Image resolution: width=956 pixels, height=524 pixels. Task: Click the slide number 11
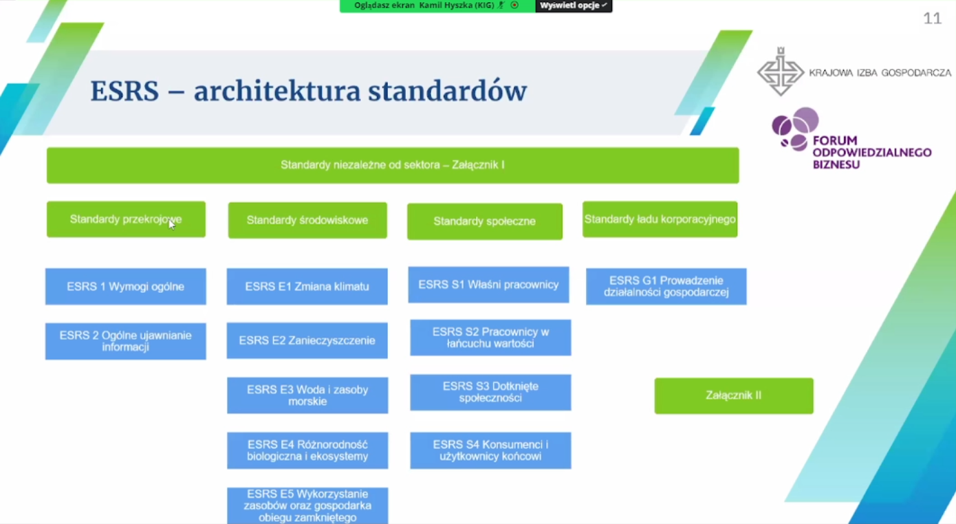click(932, 19)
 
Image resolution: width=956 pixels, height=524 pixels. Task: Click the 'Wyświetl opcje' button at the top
click(573, 6)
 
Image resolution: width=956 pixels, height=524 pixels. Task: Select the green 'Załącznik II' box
click(734, 395)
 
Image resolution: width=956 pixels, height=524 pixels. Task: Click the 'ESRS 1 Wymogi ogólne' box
click(125, 286)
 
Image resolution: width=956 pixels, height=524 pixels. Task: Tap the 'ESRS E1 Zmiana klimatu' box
click(307, 286)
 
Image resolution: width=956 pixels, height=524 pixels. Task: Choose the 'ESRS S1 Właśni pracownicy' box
click(489, 285)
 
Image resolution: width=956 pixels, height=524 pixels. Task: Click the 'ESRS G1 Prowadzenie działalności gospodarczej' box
click(666, 286)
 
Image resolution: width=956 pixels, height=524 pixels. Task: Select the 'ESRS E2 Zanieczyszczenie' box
click(307, 340)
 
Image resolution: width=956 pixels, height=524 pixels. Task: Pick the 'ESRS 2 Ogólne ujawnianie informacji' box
click(125, 341)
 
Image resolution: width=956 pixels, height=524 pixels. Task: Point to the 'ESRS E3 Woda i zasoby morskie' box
click(307, 395)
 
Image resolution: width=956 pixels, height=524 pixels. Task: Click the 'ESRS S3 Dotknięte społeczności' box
click(490, 393)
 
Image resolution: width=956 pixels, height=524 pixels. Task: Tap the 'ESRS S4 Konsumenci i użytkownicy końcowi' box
click(490, 450)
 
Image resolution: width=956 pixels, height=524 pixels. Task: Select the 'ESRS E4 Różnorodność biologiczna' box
click(307, 450)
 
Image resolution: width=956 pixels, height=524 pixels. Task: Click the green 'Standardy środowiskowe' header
click(307, 220)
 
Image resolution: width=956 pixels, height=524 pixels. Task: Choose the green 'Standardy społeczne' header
click(485, 221)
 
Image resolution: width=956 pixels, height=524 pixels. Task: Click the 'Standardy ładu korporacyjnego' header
click(660, 219)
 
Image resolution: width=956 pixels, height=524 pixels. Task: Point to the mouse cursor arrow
click(171, 224)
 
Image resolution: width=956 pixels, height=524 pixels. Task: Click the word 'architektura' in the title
click(277, 91)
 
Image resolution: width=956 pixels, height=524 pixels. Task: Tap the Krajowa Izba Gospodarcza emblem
click(781, 72)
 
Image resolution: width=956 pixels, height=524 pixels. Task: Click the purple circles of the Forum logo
click(795, 128)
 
